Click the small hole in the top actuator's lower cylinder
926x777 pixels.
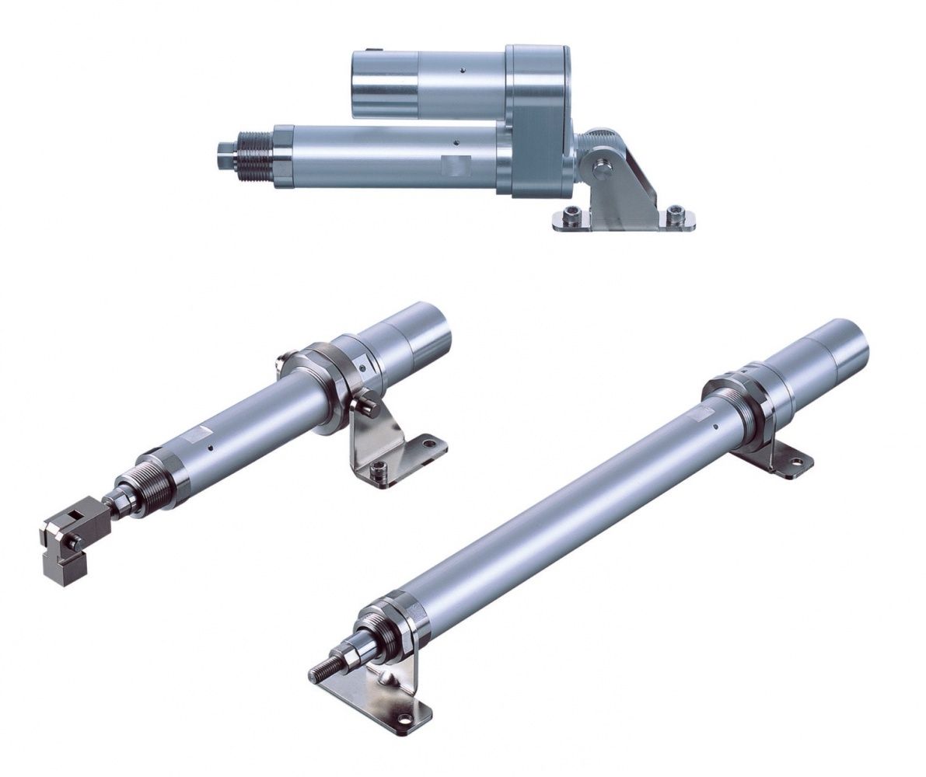[x=458, y=142]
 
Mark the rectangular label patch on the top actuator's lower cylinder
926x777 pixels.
[x=456, y=166]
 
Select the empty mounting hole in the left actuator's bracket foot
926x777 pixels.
[x=425, y=445]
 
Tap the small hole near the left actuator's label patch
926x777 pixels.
[x=211, y=448]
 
